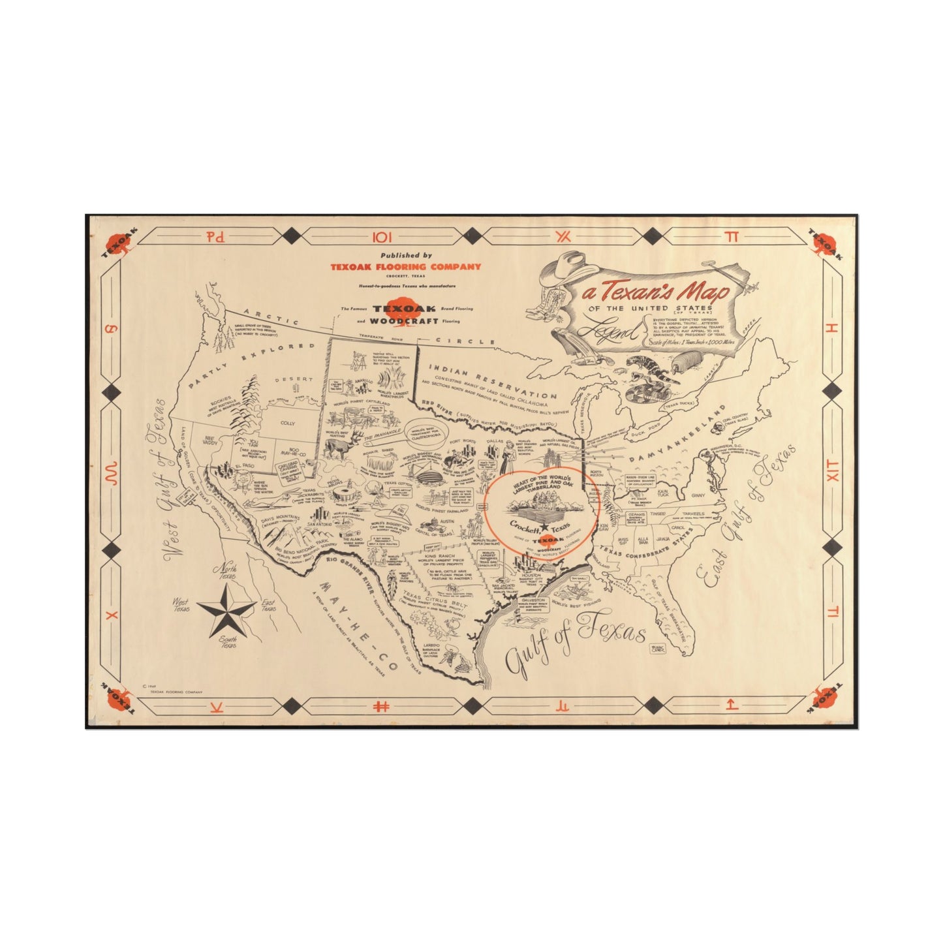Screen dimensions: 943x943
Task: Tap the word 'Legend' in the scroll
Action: click(613, 333)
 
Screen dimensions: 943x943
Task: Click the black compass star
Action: click(225, 611)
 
